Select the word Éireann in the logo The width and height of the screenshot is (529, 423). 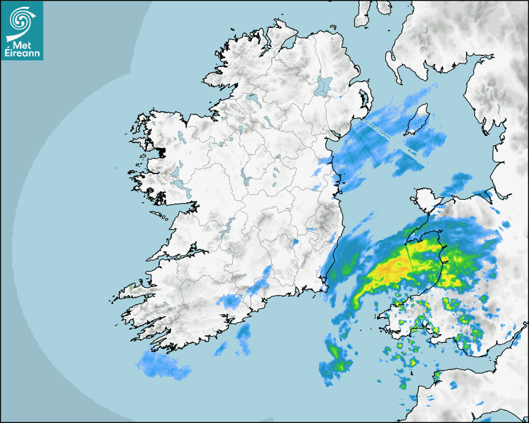22,54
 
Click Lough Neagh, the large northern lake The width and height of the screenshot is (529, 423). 324,85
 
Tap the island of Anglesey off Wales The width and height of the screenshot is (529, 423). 425,200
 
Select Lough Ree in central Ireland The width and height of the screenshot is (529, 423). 245,180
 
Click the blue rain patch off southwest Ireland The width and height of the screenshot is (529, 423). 163,365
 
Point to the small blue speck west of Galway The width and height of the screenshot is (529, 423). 116,169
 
